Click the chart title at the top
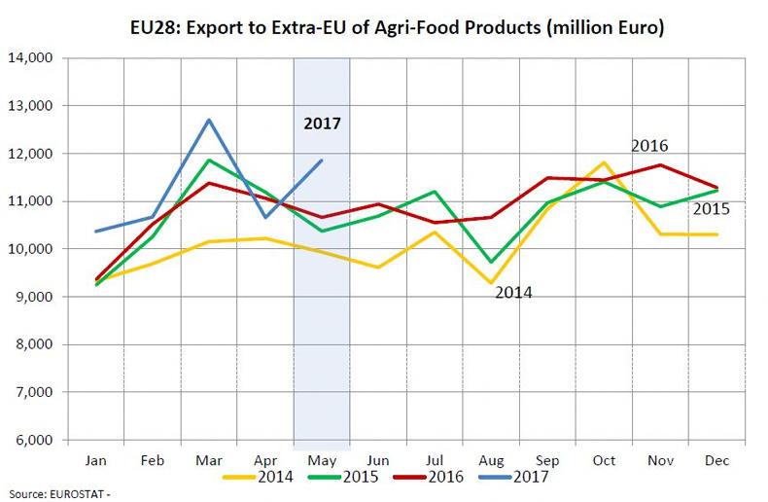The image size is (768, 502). coord(383,27)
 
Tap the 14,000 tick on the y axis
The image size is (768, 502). coord(32,57)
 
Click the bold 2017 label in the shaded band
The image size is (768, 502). coord(322,124)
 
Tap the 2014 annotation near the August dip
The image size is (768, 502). coord(513,291)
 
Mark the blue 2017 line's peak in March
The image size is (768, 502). coord(209,120)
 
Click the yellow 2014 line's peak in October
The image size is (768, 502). coord(605,162)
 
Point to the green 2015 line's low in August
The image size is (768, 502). coord(492,262)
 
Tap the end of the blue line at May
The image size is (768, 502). coord(322,161)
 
